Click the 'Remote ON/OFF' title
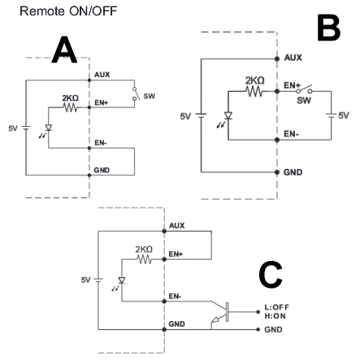click(x=68, y=11)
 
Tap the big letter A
click(x=64, y=50)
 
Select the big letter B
click(x=328, y=28)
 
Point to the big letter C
click(x=271, y=275)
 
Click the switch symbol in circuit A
click(x=136, y=93)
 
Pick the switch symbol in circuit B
click(x=304, y=89)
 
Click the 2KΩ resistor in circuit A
click(x=71, y=108)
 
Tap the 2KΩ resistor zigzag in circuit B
click(x=254, y=91)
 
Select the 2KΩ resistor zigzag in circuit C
click(x=145, y=259)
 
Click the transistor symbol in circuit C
click(x=222, y=312)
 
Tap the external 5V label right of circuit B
click(x=344, y=115)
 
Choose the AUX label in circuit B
click(x=293, y=58)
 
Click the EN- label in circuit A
click(x=100, y=143)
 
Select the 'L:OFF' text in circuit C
click(x=277, y=307)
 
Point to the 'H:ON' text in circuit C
click(x=275, y=316)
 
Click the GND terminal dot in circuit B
click(x=277, y=172)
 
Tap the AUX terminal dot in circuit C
click(x=164, y=231)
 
